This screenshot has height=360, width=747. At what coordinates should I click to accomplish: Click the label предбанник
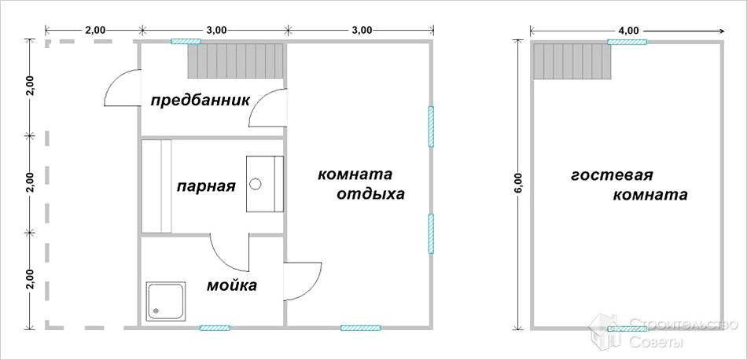200,101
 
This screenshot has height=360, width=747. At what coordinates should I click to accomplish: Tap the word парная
206,186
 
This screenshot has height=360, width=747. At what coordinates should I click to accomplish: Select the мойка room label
231,285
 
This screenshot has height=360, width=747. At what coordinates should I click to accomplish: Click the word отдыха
370,194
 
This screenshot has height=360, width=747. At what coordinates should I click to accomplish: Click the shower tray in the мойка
165,301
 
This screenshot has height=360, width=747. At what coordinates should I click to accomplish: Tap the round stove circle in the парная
256,185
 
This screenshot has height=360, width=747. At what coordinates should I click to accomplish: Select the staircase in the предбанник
235,61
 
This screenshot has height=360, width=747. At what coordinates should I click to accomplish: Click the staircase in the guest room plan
572,61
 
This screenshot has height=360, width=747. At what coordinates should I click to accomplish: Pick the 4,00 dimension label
628,30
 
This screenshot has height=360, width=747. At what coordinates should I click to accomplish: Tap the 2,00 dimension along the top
94,30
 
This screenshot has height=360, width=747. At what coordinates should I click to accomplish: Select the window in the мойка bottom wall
214,327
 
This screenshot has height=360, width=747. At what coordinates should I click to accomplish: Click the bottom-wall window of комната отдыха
361,327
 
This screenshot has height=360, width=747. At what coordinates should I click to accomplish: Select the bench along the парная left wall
156,186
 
